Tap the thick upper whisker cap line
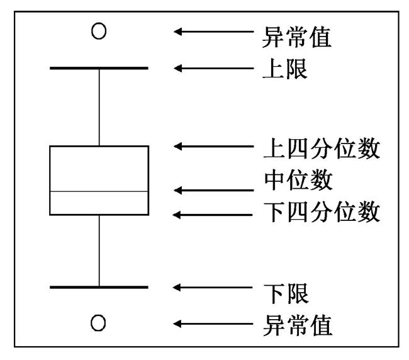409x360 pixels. [x=99, y=68]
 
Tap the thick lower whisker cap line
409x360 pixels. [x=99, y=287]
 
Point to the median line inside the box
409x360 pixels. [x=99, y=191]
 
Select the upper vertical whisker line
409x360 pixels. [x=99, y=108]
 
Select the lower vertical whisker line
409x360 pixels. [x=99, y=250]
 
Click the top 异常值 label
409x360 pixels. [x=297, y=37]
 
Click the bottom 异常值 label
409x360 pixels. [x=298, y=325]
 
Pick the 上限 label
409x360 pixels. [x=285, y=69]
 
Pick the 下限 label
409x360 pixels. [x=286, y=294]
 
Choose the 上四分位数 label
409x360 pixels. [x=322, y=148]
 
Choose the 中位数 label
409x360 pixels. [x=298, y=180]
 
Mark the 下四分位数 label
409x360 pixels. [x=322, y=211]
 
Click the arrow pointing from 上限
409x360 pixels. [x=214, y=69]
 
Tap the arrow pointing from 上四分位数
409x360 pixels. [x=214, y=147]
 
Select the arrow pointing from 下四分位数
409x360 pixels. [x=213, y=215]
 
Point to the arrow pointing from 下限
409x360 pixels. [x=213, y=288]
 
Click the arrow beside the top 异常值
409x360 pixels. [x=214, y=31]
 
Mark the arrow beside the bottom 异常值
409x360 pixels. [x=213, y=324]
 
